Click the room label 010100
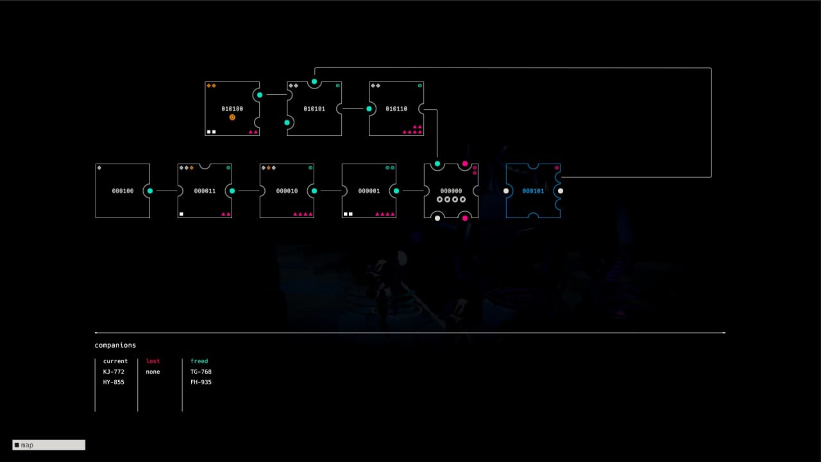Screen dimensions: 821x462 232,109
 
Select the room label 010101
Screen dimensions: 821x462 314,109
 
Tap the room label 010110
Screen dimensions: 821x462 396,109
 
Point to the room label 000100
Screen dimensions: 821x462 123,191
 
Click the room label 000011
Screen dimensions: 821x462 205,191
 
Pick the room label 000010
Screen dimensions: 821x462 287,191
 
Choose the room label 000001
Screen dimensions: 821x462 369,191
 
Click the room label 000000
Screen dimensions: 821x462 451,191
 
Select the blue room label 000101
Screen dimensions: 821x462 533,191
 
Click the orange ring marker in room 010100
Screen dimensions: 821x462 232,117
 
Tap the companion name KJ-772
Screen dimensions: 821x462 114,372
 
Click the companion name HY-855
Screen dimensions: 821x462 114,382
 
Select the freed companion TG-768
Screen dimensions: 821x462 201,372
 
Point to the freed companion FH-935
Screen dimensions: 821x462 201,382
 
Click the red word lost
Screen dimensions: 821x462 153,361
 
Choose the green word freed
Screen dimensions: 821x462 199,361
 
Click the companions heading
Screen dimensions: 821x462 115,345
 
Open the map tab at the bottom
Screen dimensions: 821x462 49,445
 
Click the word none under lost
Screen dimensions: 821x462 153,372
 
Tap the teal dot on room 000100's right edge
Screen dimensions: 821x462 150,191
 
